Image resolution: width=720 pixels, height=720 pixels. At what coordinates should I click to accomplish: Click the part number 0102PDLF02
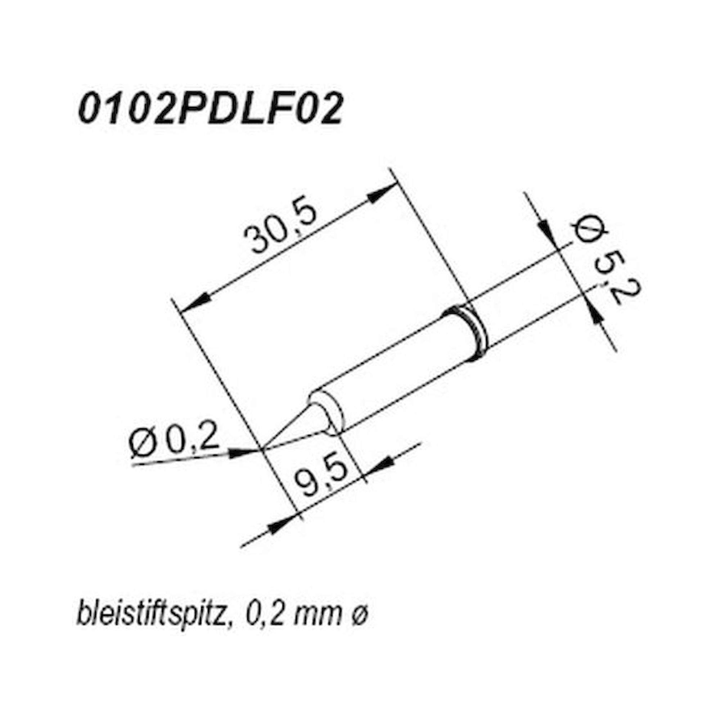tap(210, 110)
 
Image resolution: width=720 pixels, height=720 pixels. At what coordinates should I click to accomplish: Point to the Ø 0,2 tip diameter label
tap(173, 442)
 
